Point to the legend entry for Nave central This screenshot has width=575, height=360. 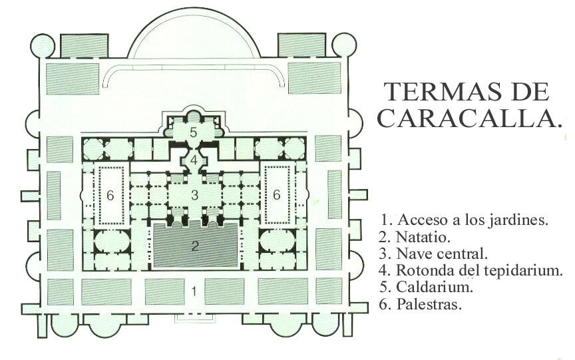coord(435,254)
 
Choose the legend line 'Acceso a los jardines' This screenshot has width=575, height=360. coord(465,219)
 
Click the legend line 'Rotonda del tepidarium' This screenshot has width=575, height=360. coord(472,271)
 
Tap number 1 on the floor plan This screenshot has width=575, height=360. coord(194,290)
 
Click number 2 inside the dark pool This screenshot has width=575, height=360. coord(195,246)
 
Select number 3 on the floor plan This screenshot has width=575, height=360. coord(194,195)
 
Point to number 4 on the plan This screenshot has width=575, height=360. coord(194,160)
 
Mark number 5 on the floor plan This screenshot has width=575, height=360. coord(193,132)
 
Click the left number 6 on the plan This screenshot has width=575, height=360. coord(110,194)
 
